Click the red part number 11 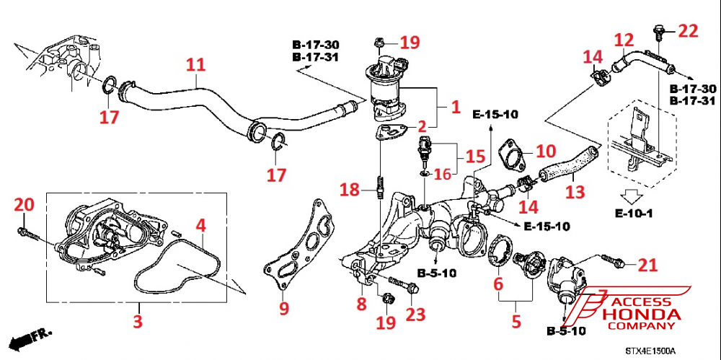pyautogui.click(x=195, y=64)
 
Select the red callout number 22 pyautogui.click(x=689, y=30)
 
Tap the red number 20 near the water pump pyautogui.click(x=24, y=206)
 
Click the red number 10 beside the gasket pyautogui.click(x=547, y=152)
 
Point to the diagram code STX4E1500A pyautogui.click(x=650, y=351)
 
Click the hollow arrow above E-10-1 pyautogui.click(x=632, y=196)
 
